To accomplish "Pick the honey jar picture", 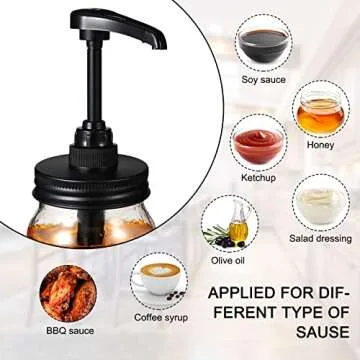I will coord(321,114).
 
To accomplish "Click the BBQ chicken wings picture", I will coord(69,300).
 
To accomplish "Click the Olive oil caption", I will coord(227,260).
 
